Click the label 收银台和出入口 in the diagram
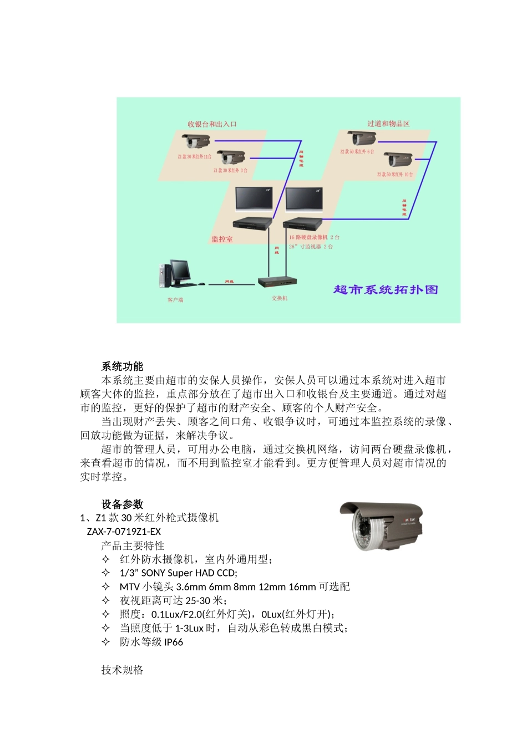click(212, 124)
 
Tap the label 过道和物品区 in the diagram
click(388, 124)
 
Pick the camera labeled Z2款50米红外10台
click(398, 160)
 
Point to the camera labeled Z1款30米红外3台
click(231, 157)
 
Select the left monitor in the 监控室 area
click(254, 199)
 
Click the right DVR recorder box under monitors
click(303, 224)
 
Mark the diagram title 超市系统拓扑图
click(386, 289)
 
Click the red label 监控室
click(222, 239)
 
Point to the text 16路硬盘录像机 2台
click(314, 237)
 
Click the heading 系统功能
click(122, 366)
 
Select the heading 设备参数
click(122, 504)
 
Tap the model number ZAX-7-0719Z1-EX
click(124, 532)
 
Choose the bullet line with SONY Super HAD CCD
click(178, 573)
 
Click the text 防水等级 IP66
click(151, 642)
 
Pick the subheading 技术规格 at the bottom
click(122, 670)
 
